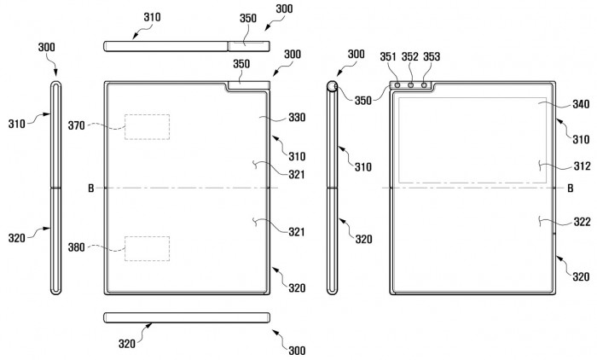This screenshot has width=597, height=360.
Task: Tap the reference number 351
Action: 388,57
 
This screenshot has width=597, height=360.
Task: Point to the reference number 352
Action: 409,57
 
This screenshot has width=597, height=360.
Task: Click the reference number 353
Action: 432,57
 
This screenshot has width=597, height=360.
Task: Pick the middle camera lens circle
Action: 411,85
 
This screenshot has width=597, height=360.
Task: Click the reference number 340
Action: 581,104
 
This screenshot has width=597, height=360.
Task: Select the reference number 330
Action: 297,118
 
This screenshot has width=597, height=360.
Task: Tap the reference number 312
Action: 583,166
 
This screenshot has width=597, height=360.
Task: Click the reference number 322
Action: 583,222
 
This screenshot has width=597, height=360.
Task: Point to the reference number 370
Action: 77,125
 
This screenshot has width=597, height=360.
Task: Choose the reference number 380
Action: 77,247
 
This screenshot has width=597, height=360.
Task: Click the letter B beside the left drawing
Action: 91,189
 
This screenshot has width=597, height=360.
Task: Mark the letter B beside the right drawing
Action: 571,189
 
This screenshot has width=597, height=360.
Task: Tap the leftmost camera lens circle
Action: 397,85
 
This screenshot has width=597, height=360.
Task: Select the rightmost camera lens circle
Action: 424,85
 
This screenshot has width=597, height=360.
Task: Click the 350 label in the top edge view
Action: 248,18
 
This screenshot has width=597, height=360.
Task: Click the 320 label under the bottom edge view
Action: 127,344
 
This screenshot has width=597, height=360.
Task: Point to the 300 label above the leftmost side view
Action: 46,47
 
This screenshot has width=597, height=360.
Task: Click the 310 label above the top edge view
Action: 152,17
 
